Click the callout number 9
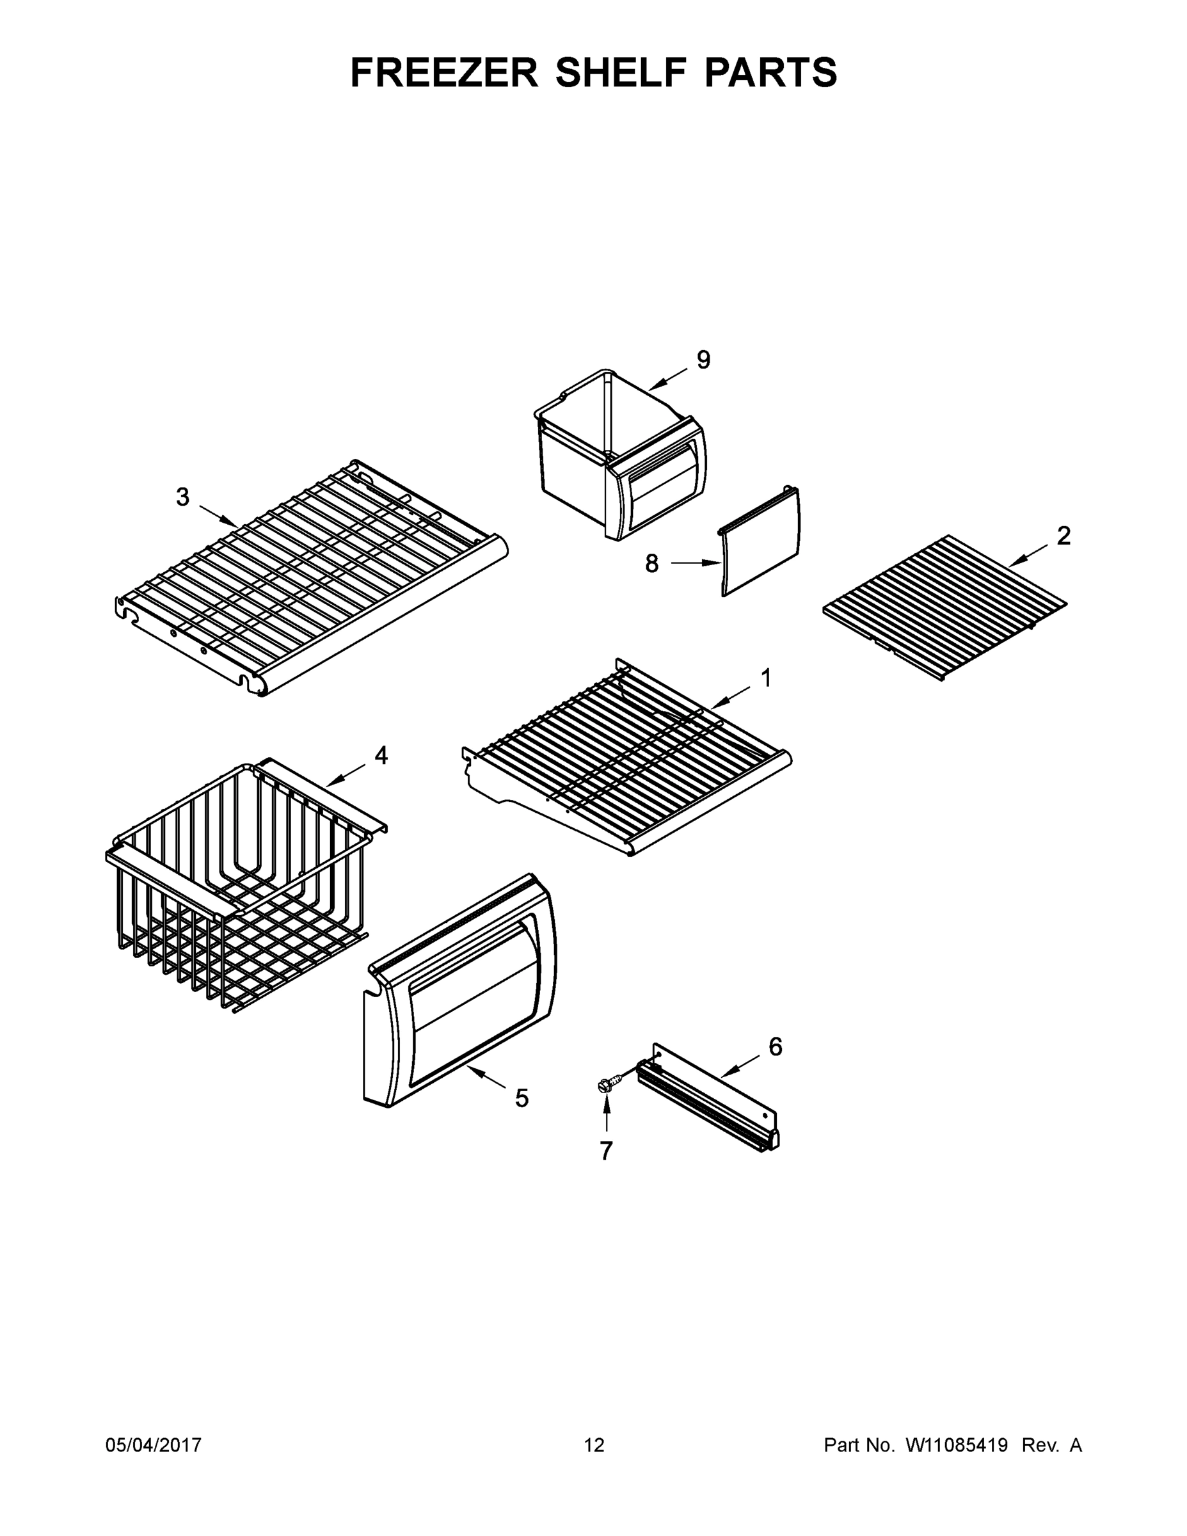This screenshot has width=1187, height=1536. pyautogui.click(x=703, y=360)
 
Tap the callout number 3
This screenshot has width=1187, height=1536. pyautogui.click(x=183, y=497)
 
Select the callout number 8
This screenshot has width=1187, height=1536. pyautogui.click(x=652, y=563)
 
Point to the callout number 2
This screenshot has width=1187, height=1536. pyautogui.click(x=1064, y=536)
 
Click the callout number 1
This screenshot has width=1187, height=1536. pyautogui.click(x=767, y=678)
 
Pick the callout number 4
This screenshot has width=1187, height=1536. pyautogui.click(x=381, y=755)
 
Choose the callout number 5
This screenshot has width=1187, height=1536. pyautogui.click(x=521, y=1098)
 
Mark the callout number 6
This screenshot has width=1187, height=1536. pyautogui.click(x=775, y=1046)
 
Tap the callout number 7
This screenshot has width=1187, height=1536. pyautogui.click(x=606, y=1151)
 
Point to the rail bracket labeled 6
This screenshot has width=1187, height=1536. pyautogui.click(x=710, y=1097)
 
